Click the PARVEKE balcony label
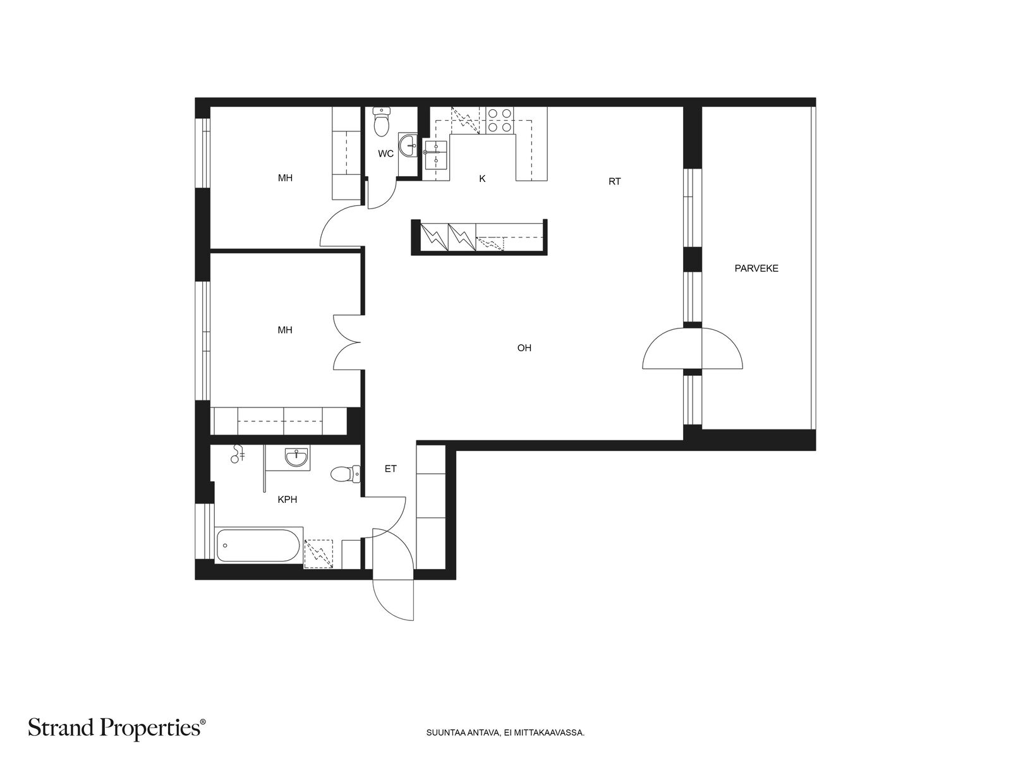pyautogui.click(x=756, y=268)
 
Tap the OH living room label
pyautogui.click(x=524, y=348)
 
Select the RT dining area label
pyautogui.click(x=614, y=182)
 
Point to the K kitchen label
pyautogui.click(x=482, y=179)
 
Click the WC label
pyautogui.click(x=385, y=153)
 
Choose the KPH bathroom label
pyautogui.click(x=288, y=500)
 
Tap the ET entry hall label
pyautogui.click(x=390, y=469)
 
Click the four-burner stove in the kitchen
pyautogui.click(x=500, y=120)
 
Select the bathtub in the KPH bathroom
pyautogui.click(x=258, y=545)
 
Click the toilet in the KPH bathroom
pyautogui.click(x=346, y=474)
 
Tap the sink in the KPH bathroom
pyautogui.click(x=296, y=457)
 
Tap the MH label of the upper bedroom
pyautogui.click(x=285, y=178)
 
